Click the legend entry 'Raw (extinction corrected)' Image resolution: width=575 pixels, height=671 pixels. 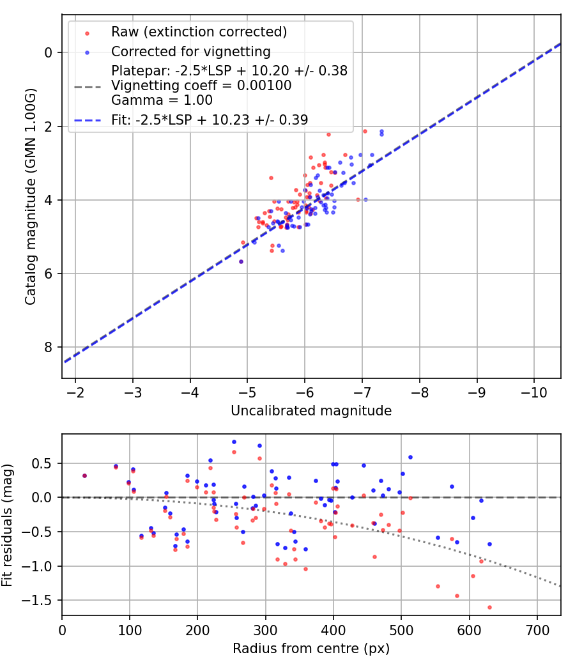coord(199,32)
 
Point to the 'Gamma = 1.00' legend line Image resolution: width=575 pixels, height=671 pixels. coord(162,100)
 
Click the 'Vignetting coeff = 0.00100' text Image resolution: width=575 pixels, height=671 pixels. coord(201,86)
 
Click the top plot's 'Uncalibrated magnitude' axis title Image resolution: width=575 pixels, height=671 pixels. coord(311,411)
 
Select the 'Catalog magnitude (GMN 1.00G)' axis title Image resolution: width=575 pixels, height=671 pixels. coord(31,197)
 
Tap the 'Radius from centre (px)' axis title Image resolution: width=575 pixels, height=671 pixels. coord(311,649)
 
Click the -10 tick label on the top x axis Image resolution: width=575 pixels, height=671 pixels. coord(534,392)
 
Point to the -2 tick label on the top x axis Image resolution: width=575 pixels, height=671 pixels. coord(75,392)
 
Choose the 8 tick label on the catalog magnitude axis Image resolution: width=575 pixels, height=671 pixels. coord(47,348)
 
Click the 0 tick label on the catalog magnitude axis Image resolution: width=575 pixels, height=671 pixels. coord(47,52)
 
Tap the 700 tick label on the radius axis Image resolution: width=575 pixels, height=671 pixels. coord(537,629)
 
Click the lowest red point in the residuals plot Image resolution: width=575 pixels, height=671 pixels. coord(489,607)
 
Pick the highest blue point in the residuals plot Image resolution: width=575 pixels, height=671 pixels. coord(234,442)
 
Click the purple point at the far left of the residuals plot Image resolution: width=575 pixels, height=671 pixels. coord(84,475)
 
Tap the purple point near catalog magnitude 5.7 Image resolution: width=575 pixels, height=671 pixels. coord(241,261)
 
